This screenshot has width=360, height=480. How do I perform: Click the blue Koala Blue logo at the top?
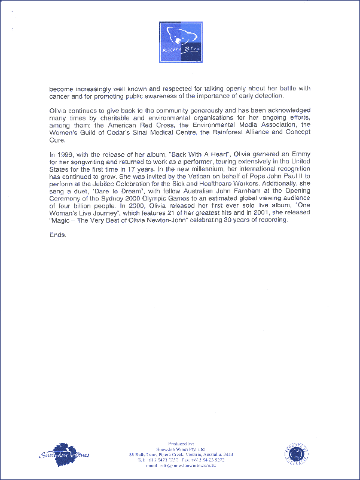180,42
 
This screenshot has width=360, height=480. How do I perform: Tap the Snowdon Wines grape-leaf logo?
63,452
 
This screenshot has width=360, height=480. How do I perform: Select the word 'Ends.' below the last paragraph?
57,234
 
